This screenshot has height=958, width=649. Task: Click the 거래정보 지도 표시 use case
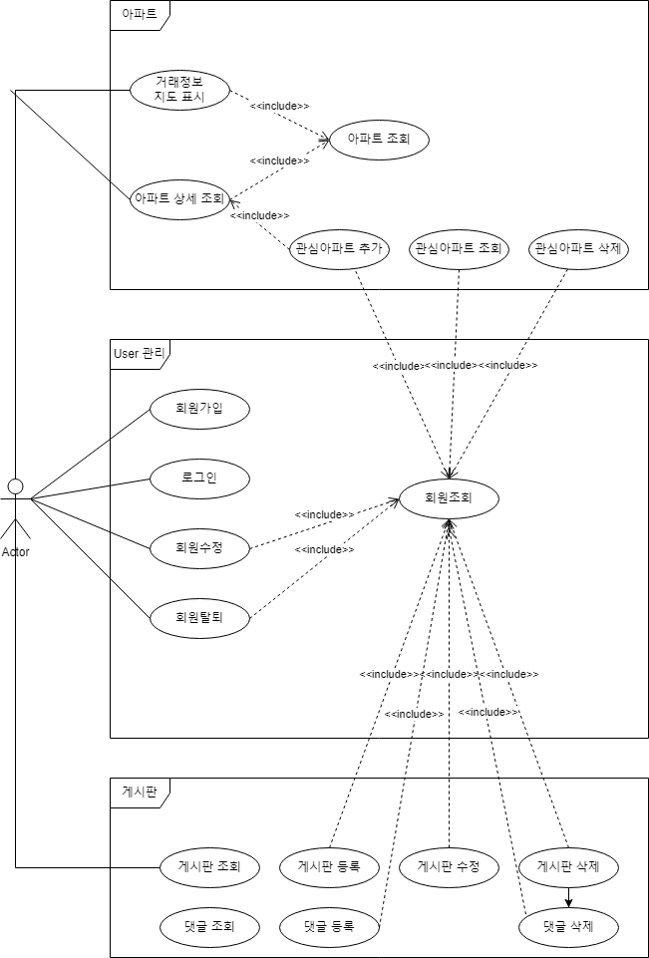pyautogui.click(x=179, y=90)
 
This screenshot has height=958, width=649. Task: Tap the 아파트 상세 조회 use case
pyautogui.click(x=179, y=198)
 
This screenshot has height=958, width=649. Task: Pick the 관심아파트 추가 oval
pyautogui.click(x=339, y=248)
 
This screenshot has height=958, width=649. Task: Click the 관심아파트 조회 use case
pyautogui.click(x=459, y=248)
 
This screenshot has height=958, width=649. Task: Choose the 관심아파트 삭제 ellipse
pyautogui.click(x=578, y=248)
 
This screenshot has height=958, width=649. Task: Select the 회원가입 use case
pyautogui.click(x=199, y=408)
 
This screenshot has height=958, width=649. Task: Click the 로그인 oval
pyautogui.click(x=199, y=478)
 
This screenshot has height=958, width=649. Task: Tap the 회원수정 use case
pyautogui.click(x=199, y=547)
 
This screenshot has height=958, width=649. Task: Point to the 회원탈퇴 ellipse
pyautogui.click(x=199, y=617)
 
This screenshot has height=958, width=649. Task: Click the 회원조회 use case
pyautogui.click(x=449, y=497)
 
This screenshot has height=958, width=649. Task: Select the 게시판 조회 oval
pyautogui.click(x=209, y=866)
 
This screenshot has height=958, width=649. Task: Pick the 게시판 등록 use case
pyautogui.click(x=329, y=866)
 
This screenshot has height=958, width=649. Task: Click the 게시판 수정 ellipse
pyautogui.click(x=449, y=866)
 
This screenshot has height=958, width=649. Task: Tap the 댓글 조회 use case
pyautogui.click(x=209, y=926)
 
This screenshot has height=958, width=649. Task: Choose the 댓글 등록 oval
pyautogui.click(x=329, y=926)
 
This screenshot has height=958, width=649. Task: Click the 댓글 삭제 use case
pyautogui.click(x=568, y=926)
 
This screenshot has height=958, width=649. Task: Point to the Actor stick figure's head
pyautogui.click(x=15, y=485)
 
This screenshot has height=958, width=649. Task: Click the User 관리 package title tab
pyautogui.click(x=141, y=351)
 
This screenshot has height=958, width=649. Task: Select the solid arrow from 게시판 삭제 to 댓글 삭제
pyautogui.click(x=568, y=896)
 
